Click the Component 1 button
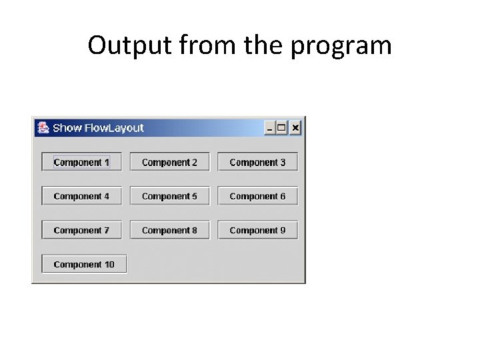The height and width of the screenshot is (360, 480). point(82,162)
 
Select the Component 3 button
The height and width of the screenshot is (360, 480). point(257,162)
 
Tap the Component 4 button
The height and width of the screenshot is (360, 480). point(82,196)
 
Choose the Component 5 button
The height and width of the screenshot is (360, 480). point(169,196)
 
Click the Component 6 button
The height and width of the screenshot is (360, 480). point(257,196)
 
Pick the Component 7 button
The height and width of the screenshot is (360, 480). point(82,230)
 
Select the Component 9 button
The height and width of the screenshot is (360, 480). point(257,230)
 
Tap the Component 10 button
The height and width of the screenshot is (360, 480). point(84,264)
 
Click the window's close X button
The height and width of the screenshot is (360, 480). point(295,127)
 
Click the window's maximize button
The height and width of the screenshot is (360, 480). point(282,127)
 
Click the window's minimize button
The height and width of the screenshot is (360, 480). point(270,127)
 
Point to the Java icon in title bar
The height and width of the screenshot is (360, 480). point(43,127)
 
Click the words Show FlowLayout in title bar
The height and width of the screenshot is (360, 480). point(98,128)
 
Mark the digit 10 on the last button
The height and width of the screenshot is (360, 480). point(109,265)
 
